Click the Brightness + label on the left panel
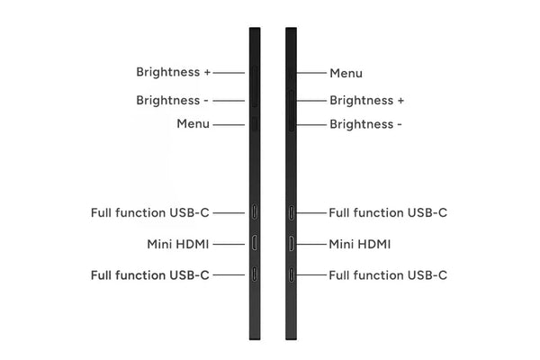coord(174,72)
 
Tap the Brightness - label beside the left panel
coord(174,101)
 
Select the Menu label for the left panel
coord(193,123)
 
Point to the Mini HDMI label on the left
coord(178,244)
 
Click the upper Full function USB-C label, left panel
coord(150,213)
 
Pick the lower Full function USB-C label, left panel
coord(150,274)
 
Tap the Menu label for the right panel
coord(346,73)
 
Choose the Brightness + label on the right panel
coord(367,101)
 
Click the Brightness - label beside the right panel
coord(366,124)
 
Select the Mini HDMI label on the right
coord(360,244)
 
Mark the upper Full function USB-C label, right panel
coord(388,213)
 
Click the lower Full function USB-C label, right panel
coord(388,274)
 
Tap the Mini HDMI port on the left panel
coord(255,243)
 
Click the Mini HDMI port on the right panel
coord(291,243)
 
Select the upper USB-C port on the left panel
coord(255,213)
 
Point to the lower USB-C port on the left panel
coord(255,274)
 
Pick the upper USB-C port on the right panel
coord(291,213)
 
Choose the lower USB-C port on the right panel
coord(291,274)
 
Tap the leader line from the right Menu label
coord(310,73)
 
